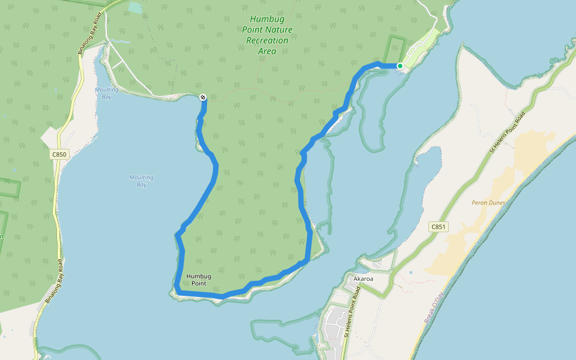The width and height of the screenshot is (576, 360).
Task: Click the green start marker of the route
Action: pos(400,66)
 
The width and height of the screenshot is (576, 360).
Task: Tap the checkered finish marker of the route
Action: pos(203,97)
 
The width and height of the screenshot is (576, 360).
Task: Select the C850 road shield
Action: pos(59,154)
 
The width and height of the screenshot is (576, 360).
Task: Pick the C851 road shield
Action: pos(439,227)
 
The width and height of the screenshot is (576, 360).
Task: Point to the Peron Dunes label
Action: pos(488,203)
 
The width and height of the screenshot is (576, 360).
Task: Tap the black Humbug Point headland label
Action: pos(199,280)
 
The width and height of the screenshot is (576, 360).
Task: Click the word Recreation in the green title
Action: pos(267,40)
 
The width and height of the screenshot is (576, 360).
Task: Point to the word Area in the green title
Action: pos(267,51)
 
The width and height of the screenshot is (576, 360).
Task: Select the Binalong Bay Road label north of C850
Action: pos(89,40)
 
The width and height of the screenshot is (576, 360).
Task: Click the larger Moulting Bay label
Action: pos(141,181)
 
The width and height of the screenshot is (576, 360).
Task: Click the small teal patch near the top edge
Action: pos(136,8)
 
